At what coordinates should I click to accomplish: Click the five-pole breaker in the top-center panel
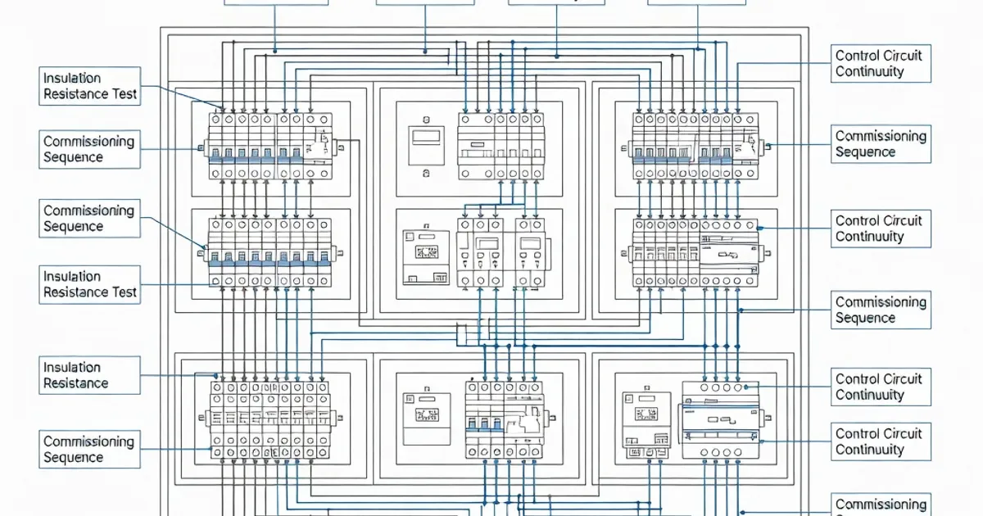pos(500,146)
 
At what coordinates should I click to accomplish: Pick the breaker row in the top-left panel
pos(270,146)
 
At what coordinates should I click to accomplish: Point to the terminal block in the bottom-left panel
pos(270,418)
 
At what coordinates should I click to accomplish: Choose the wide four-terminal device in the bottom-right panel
pos(720,418)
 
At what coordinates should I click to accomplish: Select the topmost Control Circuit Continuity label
pos(881,63)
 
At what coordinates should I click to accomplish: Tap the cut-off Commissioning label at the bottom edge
pos(881,505)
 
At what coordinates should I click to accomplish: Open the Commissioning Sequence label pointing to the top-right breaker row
pos(881,144)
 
